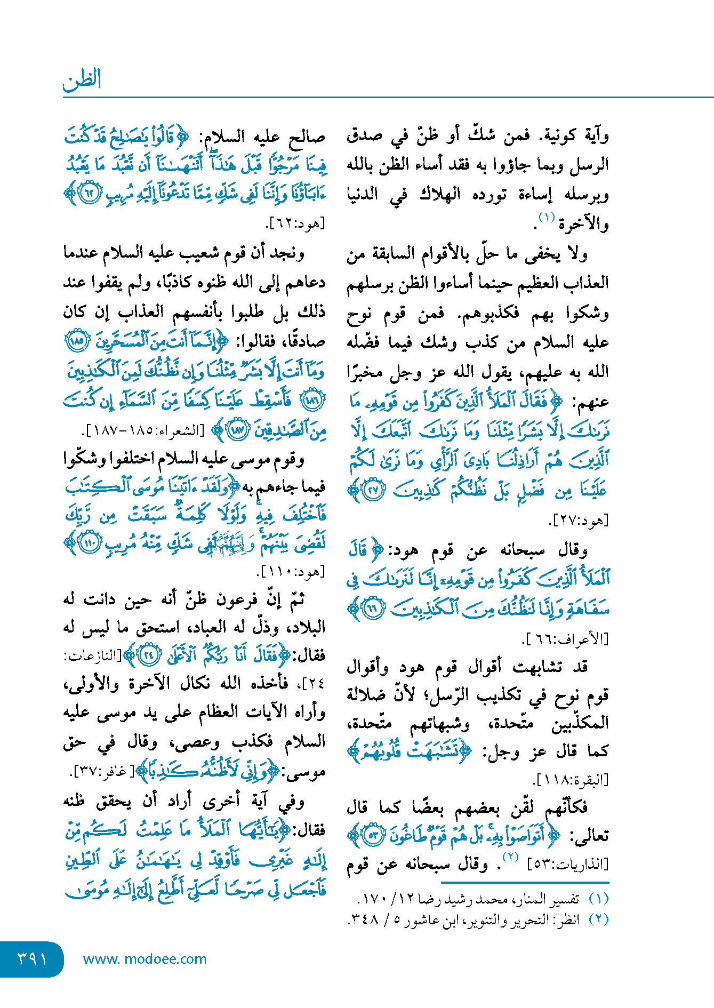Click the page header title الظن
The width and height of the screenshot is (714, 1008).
pyautogui.click(x=82, y=80)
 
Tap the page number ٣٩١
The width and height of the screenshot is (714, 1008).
pyautogui.click(x=33, y=958)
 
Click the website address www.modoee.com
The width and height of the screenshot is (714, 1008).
pyautogui.click(x=145, y=959)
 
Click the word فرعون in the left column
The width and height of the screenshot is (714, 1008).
pyautogui.click(x=238, y=600)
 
